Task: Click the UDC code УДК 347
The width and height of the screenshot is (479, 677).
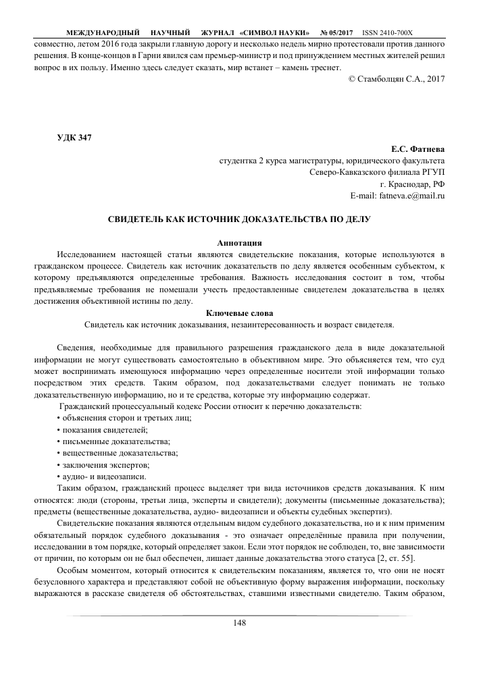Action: click(73, 138)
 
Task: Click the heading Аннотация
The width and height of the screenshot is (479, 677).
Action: click(239, 242)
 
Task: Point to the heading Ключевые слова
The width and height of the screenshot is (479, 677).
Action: click(239, 313)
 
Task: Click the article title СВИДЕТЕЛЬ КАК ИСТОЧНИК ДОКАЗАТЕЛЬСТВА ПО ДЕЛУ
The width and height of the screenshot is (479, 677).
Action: click(239, 219)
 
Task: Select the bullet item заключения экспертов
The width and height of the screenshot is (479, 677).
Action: click(103, 465)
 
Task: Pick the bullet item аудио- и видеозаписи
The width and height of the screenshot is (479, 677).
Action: click(101, 477)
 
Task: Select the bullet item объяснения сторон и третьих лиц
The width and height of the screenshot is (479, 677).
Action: click(124, 418)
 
